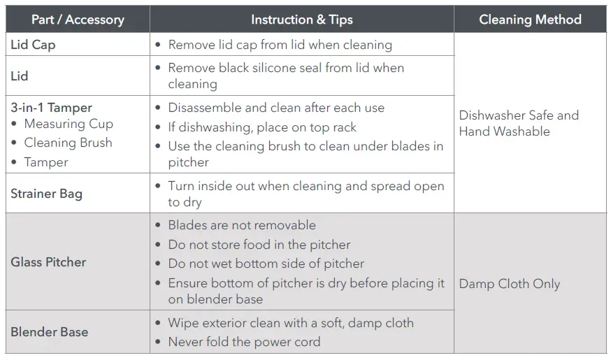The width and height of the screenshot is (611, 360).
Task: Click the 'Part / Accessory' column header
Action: (78, 20)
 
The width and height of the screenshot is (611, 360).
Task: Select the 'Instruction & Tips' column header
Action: (301, 20)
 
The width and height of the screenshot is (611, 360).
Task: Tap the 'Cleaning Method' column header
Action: (530, 20)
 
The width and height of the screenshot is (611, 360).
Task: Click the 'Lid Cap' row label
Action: (33, 45)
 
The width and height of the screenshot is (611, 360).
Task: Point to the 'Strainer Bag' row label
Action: (46, 194)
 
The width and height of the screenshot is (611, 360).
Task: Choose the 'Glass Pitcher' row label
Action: (48, 262)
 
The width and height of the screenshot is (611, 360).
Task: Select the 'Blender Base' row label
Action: (49, 332)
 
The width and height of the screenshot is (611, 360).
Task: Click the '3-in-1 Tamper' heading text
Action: (51, 108)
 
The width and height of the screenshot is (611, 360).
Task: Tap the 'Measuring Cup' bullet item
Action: (69, 124)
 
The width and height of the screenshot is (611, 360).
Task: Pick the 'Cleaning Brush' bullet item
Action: (68, 143)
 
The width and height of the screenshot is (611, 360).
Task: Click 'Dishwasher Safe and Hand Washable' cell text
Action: (519, 123)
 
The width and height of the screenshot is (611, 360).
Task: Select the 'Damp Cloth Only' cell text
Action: (509, 284)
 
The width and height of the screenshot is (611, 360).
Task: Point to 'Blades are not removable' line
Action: (242, 225)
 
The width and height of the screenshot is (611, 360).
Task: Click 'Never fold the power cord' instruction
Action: (244, 342)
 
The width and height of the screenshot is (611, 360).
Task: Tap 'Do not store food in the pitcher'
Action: (259, 245)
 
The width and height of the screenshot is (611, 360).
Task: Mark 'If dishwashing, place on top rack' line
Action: (262, 127)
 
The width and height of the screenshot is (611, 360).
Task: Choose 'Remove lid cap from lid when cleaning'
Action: (280, 45)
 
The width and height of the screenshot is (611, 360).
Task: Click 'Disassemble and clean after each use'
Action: (276, 108)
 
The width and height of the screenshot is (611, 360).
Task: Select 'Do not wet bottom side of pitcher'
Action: (266, 264)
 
